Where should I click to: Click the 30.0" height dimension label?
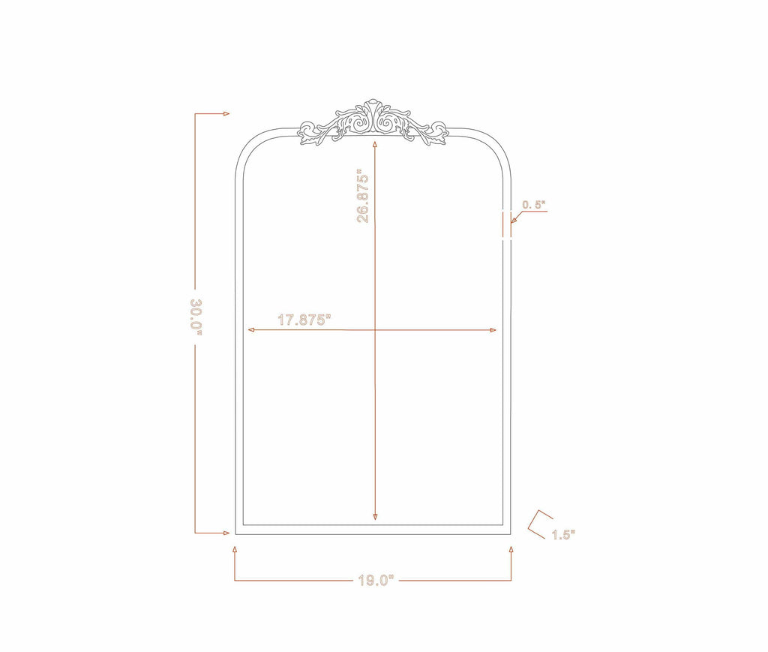pos(196,317)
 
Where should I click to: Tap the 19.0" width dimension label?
pos(376,581)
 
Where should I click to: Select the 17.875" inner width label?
pos(304,320)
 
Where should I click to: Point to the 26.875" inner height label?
pos(363,196)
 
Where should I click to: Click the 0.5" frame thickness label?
pos(533,205)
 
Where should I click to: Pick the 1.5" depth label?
pos(563,535)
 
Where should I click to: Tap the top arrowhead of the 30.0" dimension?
pos(226,113)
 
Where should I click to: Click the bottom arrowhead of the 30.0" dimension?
pos(226,533)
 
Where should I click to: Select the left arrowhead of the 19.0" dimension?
pos(235,550)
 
